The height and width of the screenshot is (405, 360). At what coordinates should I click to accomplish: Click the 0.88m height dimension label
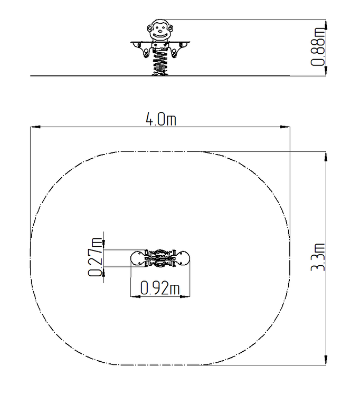(318, 46)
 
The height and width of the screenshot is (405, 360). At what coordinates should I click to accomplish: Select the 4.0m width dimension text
(161, 119)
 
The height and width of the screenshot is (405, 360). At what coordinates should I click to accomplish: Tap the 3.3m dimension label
(318, 257)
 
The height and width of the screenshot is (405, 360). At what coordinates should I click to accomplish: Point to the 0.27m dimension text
(95, 257)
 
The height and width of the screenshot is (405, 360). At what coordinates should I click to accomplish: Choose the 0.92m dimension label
(160, 288)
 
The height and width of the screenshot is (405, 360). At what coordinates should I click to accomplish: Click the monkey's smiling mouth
(159, 35)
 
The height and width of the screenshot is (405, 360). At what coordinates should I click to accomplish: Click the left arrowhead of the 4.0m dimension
(35, 127)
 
